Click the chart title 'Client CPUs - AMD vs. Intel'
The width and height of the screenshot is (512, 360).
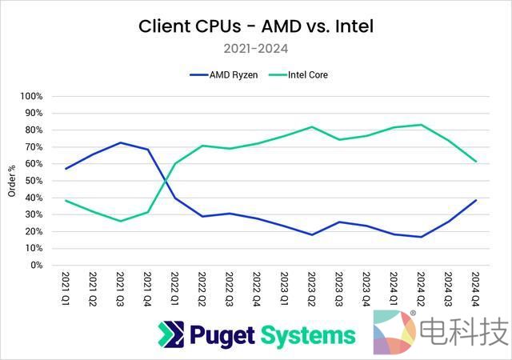[x=256, y=26]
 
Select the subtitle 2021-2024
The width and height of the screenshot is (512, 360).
[x=256, y=49]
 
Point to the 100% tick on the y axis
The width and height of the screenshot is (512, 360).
[x=31, y=96]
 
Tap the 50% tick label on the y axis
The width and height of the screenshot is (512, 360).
[x=34, y=181]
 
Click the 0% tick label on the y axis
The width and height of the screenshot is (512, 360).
[x=36, y=266]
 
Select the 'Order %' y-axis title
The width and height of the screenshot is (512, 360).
[x=11, y=181]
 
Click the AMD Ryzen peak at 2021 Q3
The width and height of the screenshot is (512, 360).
[x=120, y=142]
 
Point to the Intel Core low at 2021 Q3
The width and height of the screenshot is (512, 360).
[x=120, y=221]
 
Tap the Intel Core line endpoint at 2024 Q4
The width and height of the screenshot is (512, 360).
[x=475, y=161]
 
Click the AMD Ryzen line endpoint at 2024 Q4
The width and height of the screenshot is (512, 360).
[x=475, y=200]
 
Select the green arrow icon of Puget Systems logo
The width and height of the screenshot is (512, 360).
[x=170, y=334]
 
